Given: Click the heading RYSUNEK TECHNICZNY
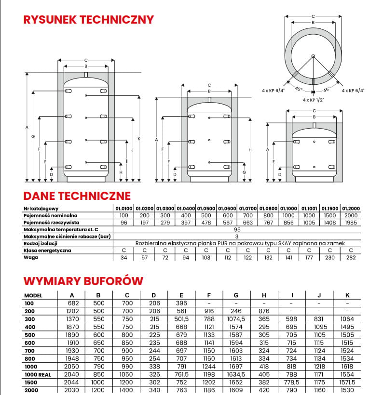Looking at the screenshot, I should [89, 20].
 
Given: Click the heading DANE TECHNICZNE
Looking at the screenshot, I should [77, 196].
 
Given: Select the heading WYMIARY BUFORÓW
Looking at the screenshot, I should [83, 281].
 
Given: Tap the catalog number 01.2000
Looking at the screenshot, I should [351, 208].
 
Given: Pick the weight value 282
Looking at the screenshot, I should [351, 258].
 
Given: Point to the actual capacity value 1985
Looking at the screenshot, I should [351, 222].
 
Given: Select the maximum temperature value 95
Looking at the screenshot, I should [237, 229].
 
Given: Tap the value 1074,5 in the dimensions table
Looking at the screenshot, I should [236, 319].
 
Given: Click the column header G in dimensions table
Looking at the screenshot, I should [236, 295].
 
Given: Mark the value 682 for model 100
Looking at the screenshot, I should [71, 303].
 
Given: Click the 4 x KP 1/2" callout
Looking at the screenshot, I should [313, 100].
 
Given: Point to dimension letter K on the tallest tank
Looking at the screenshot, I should [138, 139].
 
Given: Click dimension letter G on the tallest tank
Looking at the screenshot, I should [33, 137].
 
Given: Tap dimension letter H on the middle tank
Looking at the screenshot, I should [250, 150].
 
